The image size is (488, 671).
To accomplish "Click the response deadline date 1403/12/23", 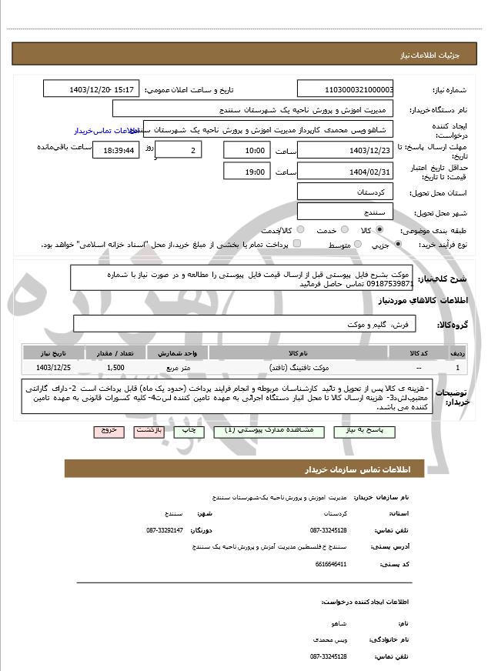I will pyautogui.click(x=344, y=151).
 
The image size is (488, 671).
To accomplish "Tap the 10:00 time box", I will pyautogui.click(x=247, y=151).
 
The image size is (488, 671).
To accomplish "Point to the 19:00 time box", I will pyautogui.click(x=247, y=172).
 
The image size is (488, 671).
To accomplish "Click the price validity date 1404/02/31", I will pyautogui.click(x=344, y=172).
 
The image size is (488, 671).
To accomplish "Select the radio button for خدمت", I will pyautogui.click(x=352, y=230).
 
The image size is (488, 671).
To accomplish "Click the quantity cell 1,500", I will pyautogui.click(x=116, y=369).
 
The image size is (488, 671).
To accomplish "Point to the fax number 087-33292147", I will pyautogui.click(x=165, y=530).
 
